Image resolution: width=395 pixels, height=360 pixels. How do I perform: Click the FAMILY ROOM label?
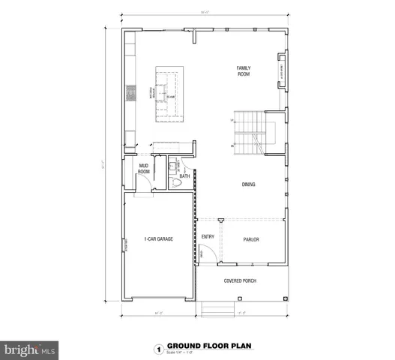point(244,71)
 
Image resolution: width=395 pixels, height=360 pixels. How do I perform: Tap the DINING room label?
point(249,184)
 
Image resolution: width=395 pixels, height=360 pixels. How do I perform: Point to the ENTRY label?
point(208,237)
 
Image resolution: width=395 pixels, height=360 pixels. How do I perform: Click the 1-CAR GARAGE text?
point(160,239)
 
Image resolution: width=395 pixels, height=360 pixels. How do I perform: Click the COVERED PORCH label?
point(241,281)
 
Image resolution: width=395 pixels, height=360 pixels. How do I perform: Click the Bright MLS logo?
point(30,350)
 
